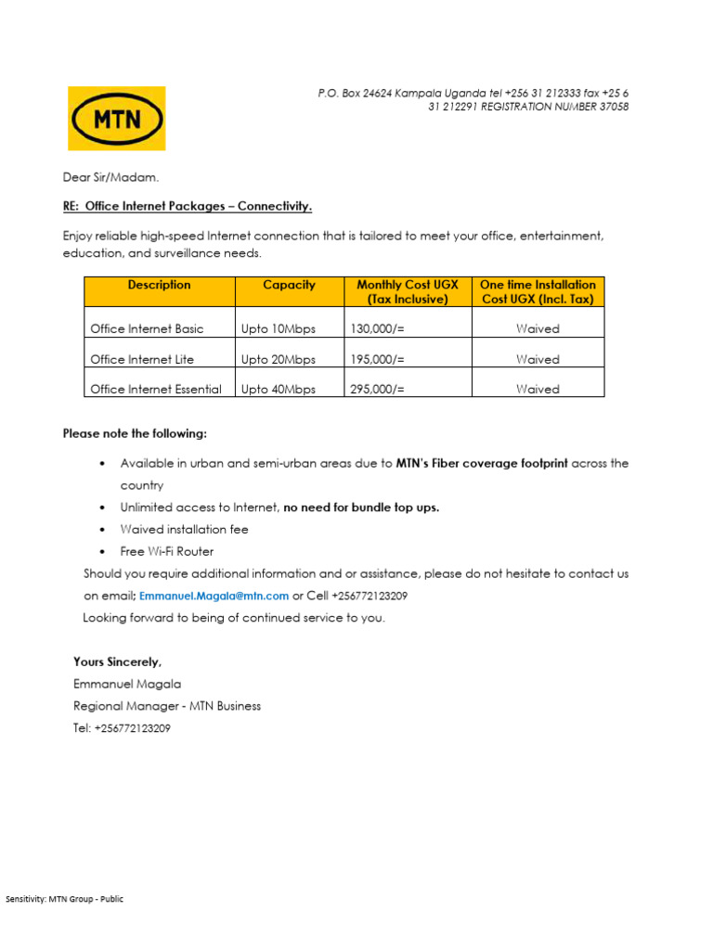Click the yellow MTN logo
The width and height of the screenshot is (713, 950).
(116, 118)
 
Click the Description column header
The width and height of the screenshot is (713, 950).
(159, 286)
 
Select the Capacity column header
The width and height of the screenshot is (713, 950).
(289, 286)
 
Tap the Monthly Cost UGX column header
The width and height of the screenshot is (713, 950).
(407, 292)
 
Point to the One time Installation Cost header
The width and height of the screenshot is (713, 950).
(538, 292)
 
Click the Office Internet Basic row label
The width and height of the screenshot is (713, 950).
(147, 328)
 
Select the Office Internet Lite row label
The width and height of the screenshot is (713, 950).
(142, 359)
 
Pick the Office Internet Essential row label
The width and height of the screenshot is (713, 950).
(155, 390)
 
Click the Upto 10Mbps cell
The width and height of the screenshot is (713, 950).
(278, 328)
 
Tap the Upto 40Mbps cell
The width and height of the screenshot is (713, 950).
(278, 390)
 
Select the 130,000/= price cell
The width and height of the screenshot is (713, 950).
(377, 328)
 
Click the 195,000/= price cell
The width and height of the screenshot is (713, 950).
(377, 359)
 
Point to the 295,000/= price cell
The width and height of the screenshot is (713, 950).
(377, 390)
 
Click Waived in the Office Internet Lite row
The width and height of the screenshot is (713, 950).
(538, 359)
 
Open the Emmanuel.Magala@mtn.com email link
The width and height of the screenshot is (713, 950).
(214, 596)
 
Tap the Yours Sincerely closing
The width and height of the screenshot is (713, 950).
(117, 661)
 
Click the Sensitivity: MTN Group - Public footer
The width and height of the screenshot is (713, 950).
(64, 899)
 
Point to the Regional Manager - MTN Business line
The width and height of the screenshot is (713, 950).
(167, 706)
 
